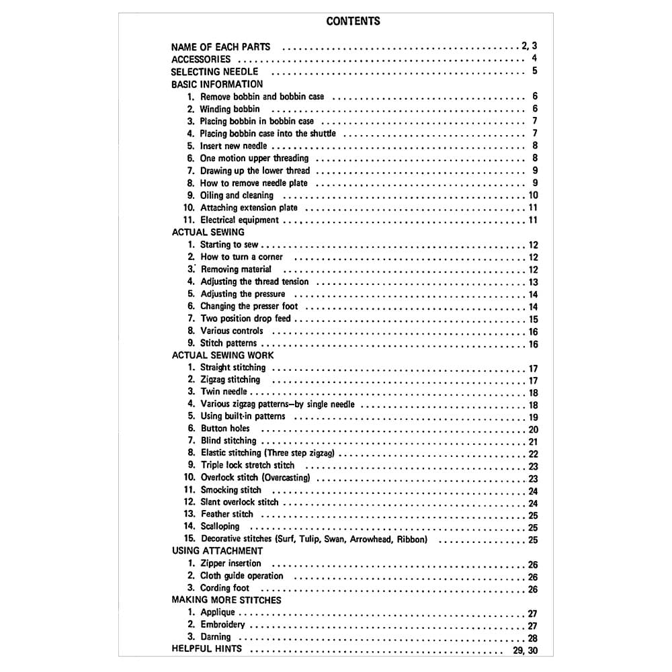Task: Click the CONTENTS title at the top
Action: [353, 21]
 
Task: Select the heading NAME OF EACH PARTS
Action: [220, 47]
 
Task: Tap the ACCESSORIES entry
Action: [201, 59]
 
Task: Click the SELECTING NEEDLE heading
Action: [214, 71]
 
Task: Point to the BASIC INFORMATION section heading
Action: [217, 84]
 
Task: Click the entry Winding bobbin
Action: [230, 109]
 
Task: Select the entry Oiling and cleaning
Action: [237, 196]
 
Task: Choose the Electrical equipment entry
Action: [239, 220]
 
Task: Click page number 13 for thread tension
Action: [533, 282]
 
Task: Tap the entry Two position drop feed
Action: [245, 319]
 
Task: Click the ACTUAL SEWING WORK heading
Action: [222, 355]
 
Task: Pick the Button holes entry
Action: [225, 429]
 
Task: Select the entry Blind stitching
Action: [228, 441]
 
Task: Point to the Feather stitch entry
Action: [227, 515]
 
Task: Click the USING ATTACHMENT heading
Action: [217, 551]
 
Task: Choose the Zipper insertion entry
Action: [230, 564]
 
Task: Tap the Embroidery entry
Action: [223, 625]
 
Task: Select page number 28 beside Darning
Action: [533, 638]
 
